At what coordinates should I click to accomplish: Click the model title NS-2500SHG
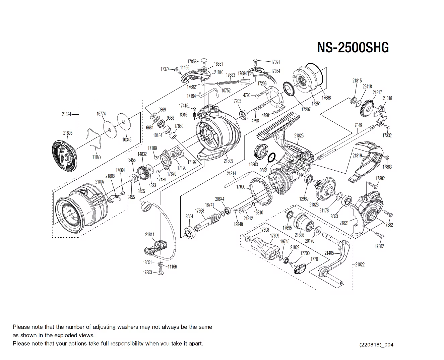353,48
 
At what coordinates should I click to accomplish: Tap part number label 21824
66,114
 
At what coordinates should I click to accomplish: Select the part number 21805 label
68,133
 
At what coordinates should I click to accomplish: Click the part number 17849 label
357,125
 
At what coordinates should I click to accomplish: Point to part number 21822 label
360,264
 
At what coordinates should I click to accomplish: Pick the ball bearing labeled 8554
190,233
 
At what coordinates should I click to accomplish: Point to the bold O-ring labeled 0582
272,157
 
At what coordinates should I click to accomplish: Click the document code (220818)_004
376,345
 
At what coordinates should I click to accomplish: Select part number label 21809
229,161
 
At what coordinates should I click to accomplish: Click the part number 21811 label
149,235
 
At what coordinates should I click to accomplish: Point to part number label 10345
127,140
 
